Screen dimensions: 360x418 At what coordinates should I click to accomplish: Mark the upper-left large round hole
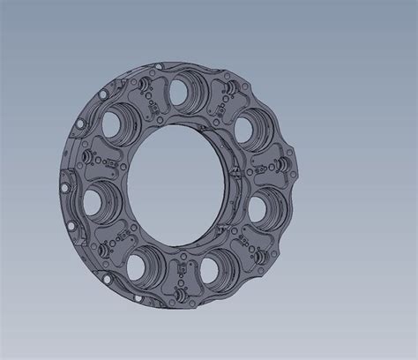[x=115, y=126]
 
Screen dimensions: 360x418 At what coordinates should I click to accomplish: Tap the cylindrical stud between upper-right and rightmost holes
[x=280, y=163]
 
